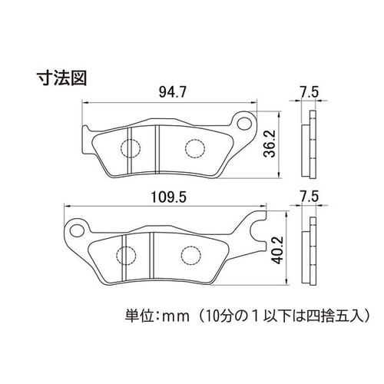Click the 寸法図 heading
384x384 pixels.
pyautogui.click(x=61, y=78)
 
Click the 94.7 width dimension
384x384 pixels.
pyautogui.click(x=172, y=92)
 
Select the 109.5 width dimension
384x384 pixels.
pyautogui.click(x=169, y=197)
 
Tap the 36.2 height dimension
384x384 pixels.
pyautogui.click(x=270, y=144)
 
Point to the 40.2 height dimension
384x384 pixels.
pyautogui.click(x=277, y=250)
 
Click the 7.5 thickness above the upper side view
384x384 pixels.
pyautogui.click(x=310, y=92)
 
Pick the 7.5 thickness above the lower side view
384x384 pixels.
pyautogui.click(x=310, y=197)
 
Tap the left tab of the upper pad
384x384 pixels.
pyautogui.click(x=86, y=141)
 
